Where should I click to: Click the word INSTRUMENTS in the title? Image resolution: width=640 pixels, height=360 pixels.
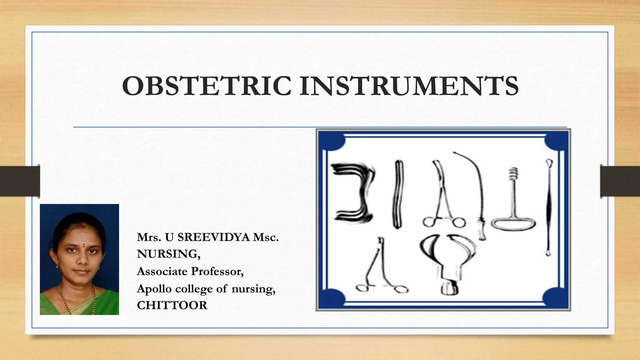click(409, 86)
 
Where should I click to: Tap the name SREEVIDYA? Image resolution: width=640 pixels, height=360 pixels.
click(214, 237)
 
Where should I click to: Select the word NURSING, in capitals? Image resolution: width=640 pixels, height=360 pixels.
click(168, 254)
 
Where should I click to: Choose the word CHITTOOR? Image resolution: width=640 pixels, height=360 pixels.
click(172, 305)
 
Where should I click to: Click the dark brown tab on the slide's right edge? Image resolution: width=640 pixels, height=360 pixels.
click(620, 181)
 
